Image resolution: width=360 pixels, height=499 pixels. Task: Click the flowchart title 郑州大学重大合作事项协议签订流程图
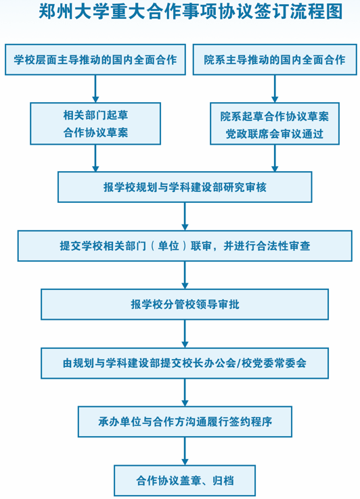click(191, 11)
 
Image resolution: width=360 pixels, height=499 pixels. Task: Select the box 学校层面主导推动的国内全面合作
click(95, 60)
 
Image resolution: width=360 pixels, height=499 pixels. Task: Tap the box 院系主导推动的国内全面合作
click(275, 60)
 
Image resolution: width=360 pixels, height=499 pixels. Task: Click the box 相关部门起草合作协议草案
click(95, 124)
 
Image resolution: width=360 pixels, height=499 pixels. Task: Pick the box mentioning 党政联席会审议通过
click(275, 124)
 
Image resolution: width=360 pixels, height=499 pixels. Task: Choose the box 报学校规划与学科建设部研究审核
click(185, 187)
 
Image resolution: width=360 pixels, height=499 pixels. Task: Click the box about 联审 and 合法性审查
click(185, 246)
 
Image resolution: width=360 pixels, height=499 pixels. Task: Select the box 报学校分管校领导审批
click(185, 304)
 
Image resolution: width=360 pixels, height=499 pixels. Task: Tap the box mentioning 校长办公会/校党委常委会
click(185, 363)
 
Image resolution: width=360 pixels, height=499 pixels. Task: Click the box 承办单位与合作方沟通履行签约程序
click(185, 422)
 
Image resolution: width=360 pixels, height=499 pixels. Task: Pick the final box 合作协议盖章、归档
click(185, 481)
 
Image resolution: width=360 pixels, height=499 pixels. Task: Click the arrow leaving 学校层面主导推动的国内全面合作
click(95, 89)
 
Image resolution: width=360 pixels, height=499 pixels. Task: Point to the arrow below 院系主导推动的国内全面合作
click(275, 89)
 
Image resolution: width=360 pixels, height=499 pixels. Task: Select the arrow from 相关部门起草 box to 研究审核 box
click(95, 158)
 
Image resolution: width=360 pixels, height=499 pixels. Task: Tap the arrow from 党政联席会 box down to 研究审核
click(275, 158)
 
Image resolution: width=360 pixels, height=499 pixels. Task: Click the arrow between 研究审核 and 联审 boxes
click(185, 217)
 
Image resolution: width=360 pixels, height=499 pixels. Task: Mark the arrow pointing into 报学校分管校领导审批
click(185, 275)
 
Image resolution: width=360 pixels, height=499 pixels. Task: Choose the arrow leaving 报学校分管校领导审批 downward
click(185, 334)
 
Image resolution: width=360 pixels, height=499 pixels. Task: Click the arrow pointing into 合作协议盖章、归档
click(185, 451)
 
